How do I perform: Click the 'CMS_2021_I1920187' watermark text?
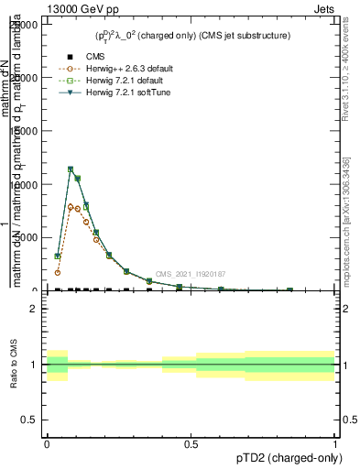click(191, 274)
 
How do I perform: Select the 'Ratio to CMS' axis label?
click(16, 365)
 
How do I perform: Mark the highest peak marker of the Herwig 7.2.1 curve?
click(71, 169)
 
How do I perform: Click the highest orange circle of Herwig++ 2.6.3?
click(71, 207)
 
